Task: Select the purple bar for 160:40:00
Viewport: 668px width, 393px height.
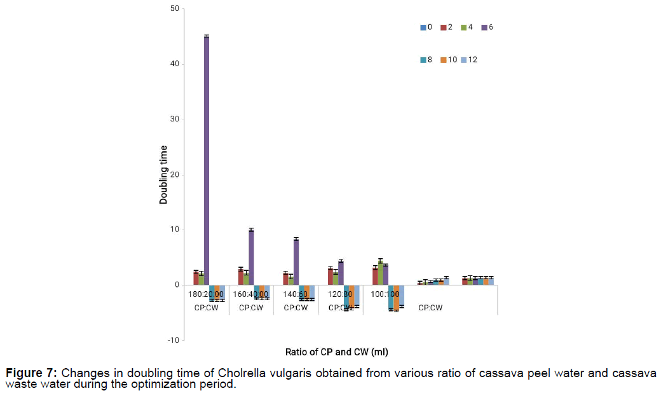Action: pyautogui.click(x=251, y=258)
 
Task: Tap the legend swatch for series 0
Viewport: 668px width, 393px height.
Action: pyautogui.click(x=423, y=27)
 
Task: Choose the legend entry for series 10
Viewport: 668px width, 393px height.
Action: pyautogui.click(x=451, y=60)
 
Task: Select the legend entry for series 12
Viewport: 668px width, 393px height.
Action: pyautogui.click(x=470, y=60)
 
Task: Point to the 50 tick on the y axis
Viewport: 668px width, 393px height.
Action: pyautogui.click(x=174, y=9)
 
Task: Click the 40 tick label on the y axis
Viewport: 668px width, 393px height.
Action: pyautogui.click(x=174, y=64)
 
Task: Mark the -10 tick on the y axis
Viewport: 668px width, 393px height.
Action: pyautogui.click(x=172, y=340)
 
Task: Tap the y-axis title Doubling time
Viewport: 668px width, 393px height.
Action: pyautogui.click(x=163, y=175)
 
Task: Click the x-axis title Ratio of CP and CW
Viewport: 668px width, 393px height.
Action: pyautogui.click(x=342, y=351)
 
